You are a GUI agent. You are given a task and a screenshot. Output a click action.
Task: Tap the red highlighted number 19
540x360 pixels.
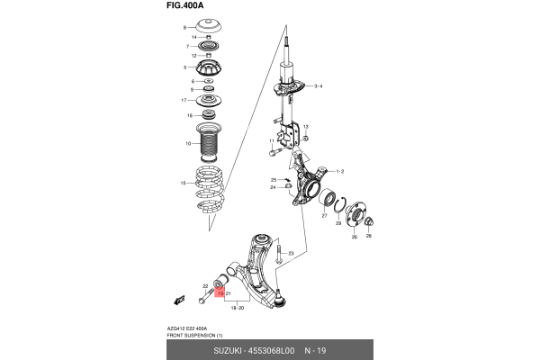pos(219,293)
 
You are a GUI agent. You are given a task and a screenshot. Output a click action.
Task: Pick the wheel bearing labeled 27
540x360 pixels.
pos(327,202)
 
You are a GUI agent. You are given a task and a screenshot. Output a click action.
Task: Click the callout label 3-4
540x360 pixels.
pos(318,85)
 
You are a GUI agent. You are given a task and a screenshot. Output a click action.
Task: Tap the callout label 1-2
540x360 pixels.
pos(340,171)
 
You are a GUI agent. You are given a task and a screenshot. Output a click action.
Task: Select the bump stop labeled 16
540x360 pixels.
pos(208,114)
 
